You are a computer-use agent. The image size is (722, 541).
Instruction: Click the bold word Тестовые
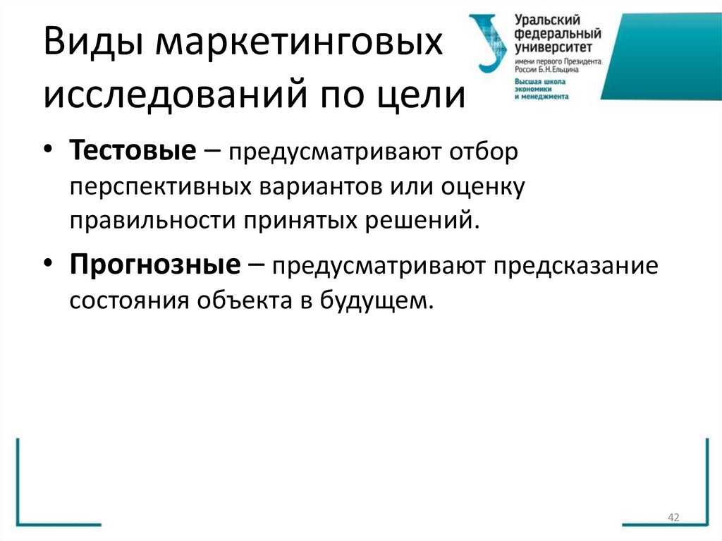tap(132, 152)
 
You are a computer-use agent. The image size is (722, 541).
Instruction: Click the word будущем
tap(375, 301)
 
